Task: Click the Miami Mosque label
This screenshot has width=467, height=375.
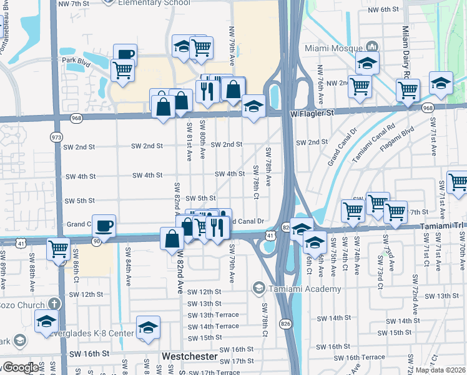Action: tap(333, 47)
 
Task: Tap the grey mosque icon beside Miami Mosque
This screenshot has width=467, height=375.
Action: tap(373, 47)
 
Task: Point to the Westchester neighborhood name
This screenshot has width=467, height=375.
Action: tap(189, 356)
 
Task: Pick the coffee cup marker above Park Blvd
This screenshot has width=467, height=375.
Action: tap(125, 54)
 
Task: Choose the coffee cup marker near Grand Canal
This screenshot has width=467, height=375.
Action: tap(104, 225)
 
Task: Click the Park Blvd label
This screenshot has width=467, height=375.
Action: tap(77, 61)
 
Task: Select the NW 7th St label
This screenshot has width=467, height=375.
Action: tap(73, 4)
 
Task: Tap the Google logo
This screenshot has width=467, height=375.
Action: tap(21, 368)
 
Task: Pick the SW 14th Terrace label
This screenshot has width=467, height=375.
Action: tap(213, 326)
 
